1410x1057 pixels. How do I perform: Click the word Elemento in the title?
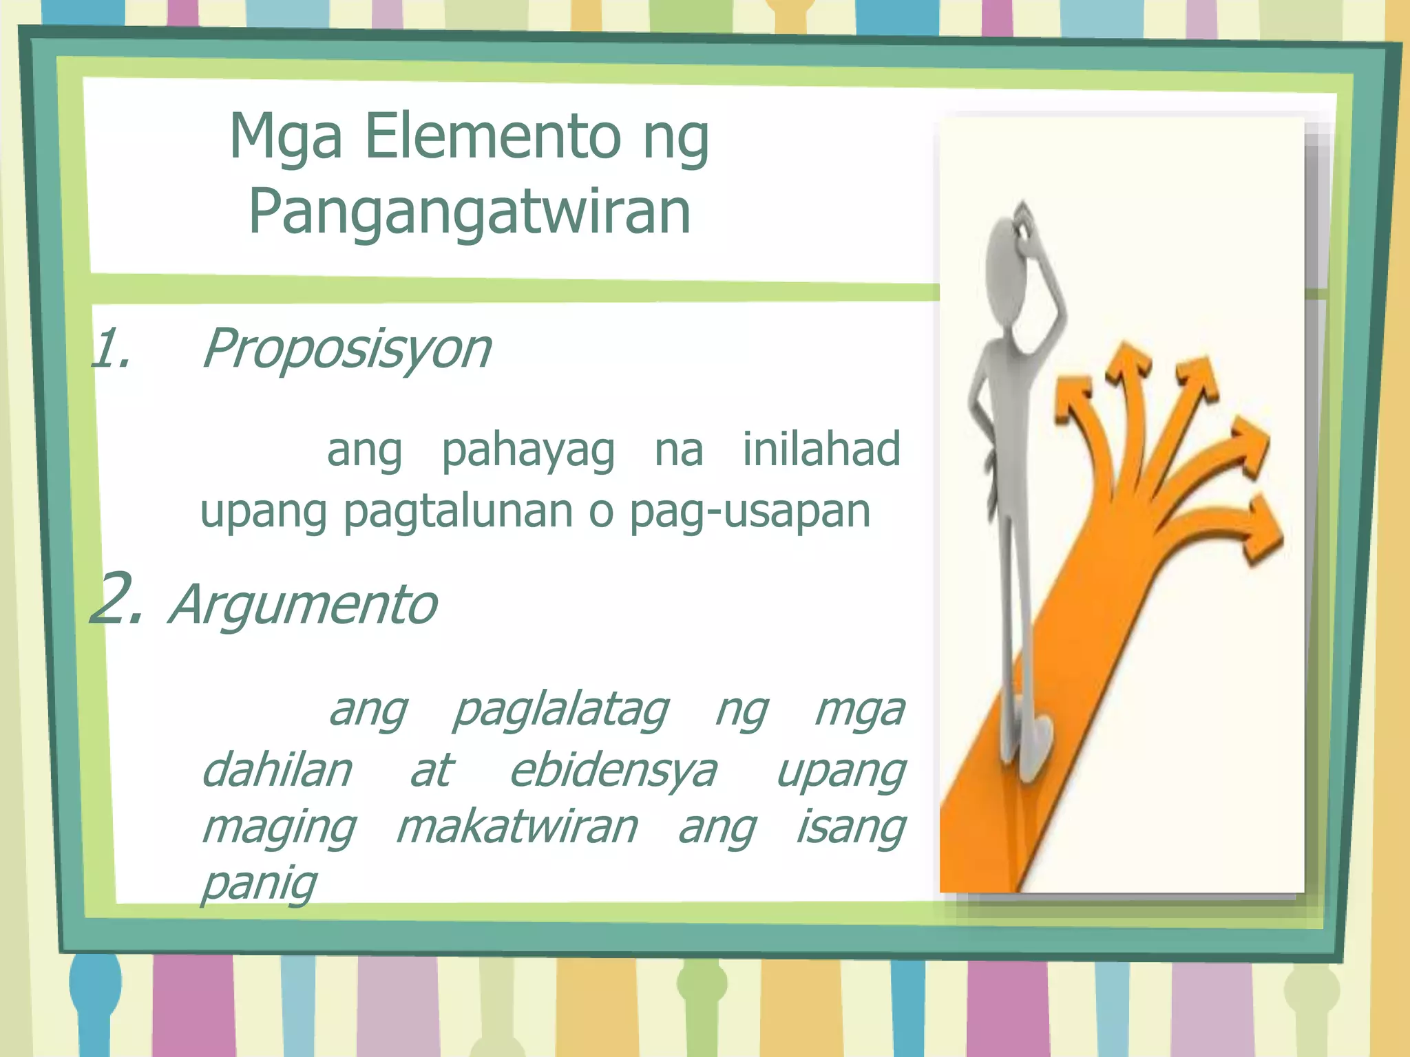492,136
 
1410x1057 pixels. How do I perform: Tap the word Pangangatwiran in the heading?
470,212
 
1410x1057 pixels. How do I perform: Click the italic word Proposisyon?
346,349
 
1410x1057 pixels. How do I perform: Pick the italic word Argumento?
303,605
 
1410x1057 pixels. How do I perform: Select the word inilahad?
821,449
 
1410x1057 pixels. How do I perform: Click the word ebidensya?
613,771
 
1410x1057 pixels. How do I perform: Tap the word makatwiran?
517,827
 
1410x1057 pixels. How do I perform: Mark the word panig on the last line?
259,883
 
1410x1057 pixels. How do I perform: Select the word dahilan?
277,771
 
